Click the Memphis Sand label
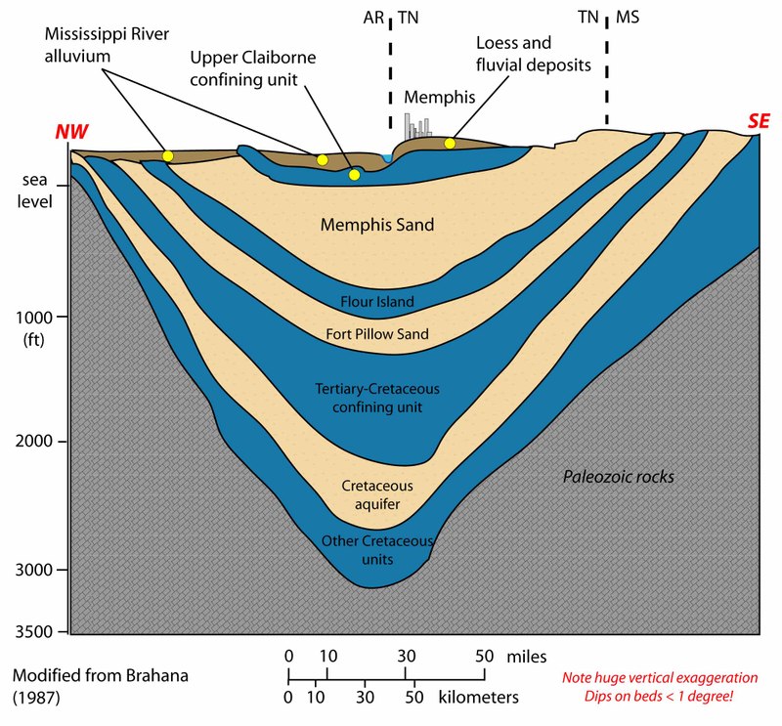click(377, 225)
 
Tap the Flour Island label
click(377, 301)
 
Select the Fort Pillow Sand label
click(377, 333)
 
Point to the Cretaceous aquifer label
click(377, 494)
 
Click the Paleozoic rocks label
click(619, 477)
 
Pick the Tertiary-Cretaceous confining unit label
click(377, 398)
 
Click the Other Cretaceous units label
click(377, 550)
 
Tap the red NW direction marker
click(71, 131)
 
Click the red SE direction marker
click(759, 121)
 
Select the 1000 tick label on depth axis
click(34, 318)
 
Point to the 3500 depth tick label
click(34, 631)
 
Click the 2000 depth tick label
click(34, 442)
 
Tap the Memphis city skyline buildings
click(418, 126)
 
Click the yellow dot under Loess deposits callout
click(450, 144)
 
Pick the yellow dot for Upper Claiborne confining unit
click(354, 175)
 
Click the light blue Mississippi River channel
click(387, 158)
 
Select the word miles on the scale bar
click(527, 657)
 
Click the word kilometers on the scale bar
click(478, 697)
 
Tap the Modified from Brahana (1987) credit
click(101, 686)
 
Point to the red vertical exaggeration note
click(659, 687)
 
